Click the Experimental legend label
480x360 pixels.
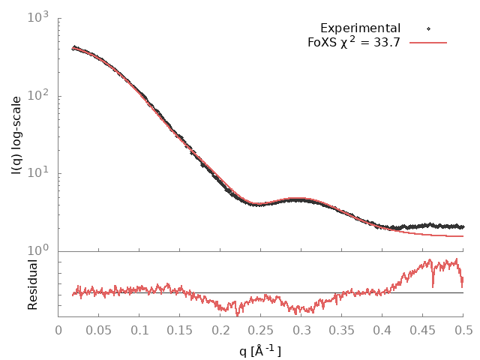point(360,28)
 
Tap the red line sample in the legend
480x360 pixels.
point(427,43)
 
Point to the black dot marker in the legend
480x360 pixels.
point(428,28)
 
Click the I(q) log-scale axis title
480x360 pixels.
point(16,135)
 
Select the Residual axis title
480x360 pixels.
point(32,285)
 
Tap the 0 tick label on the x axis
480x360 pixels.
point(58,329)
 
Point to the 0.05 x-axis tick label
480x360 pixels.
point(99,329)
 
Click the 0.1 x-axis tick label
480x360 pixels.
point(139,329)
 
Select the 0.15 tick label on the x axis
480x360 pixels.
point(180,329)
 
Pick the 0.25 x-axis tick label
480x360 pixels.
point(261,329)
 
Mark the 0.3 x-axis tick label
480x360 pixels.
point(301,329)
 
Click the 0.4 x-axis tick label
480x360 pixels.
point(382,329)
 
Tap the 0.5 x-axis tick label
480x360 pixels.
point(463,329)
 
